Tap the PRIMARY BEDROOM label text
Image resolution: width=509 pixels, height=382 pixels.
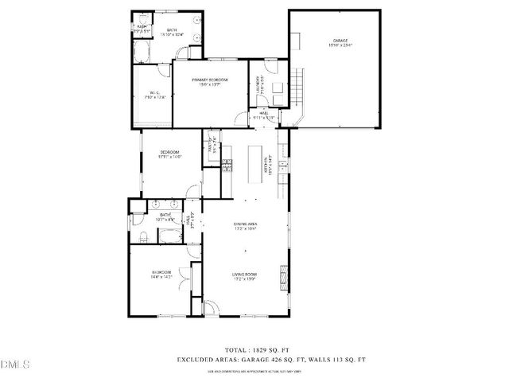(211, 80)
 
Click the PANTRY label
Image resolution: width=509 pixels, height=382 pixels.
(212, 146)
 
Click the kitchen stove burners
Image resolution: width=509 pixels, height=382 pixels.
(227, 166)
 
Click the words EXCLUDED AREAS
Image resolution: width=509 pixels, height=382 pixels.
(204, 360)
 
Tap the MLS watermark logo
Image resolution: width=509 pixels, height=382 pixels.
(14, 365)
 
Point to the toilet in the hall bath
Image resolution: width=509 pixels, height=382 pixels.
(140, 238)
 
